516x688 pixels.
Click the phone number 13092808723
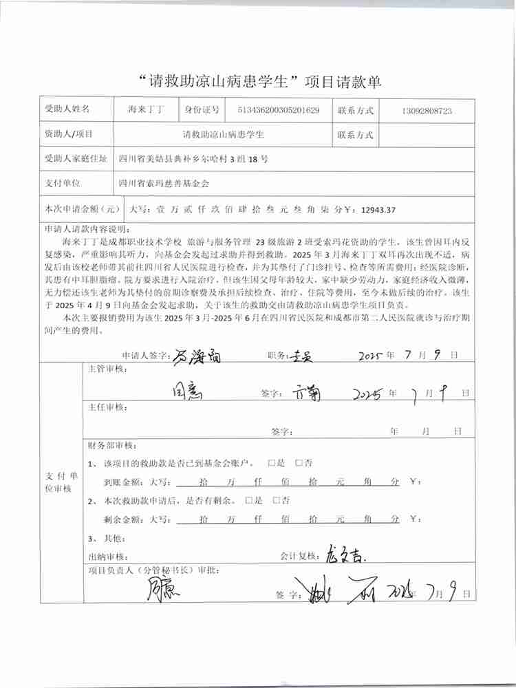[426, 110]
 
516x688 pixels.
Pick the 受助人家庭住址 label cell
[76, 159]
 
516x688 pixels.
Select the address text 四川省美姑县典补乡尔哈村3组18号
[193, 159]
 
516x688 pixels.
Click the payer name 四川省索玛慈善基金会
[164, 184]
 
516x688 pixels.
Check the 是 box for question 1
[272, 463]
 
